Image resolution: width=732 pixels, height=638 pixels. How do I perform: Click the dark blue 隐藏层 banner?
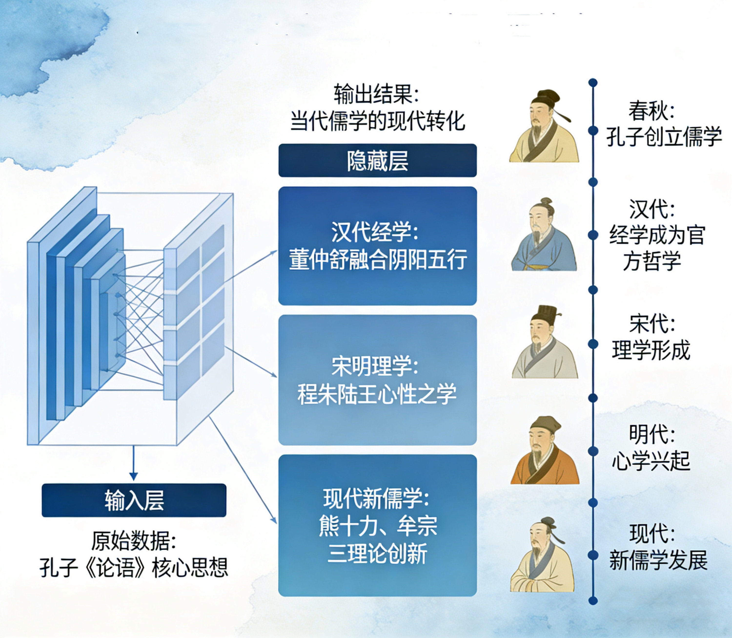[x=377, y=161]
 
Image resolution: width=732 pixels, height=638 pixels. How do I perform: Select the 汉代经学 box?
[x=377, y=246]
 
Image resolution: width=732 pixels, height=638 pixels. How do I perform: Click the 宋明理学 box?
[x=377, y=380]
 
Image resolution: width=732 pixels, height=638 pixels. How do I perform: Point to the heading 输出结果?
[x=376, y=94]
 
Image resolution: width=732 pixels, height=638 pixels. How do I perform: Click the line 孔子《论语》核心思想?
[x=134, y=568]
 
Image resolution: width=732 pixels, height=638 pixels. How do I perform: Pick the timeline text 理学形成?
[x=651, y=350]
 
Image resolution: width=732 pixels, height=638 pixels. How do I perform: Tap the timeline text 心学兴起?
[x=651, y=461]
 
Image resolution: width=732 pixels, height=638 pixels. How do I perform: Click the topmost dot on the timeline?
[x=593, y=83]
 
